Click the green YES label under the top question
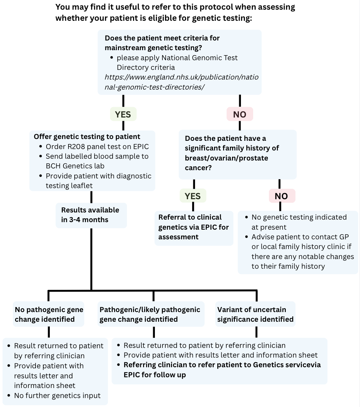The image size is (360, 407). pyautogui.click(x=123, y=114)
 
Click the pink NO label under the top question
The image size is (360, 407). pyautogui.click(x=240, y=114)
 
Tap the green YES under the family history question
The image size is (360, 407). pyautogui.click(x=193, y=196)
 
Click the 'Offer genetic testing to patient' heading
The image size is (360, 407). pyautogui.click(x=87, y=137)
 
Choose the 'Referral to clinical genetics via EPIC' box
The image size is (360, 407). pyautogui.click(x=194, y=227)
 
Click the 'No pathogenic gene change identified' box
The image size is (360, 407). pyautogui.click(x=49, y=314)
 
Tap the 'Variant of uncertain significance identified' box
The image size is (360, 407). pyautogui.click(x=255, y=314)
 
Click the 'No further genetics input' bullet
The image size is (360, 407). pyautogui.click(x=57, y=396)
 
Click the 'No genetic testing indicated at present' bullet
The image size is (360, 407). pyautogui.click(x=299, y=222)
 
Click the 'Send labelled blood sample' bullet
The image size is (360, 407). pyautogui.click(x=97, y=161)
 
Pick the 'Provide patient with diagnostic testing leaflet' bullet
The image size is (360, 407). pyautogui.click(x=98, y=181)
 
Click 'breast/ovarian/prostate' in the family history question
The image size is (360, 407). pyautogui.click(x=226, y=158)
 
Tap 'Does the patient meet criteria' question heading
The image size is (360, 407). pyautogui.click(x=162, y=43)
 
